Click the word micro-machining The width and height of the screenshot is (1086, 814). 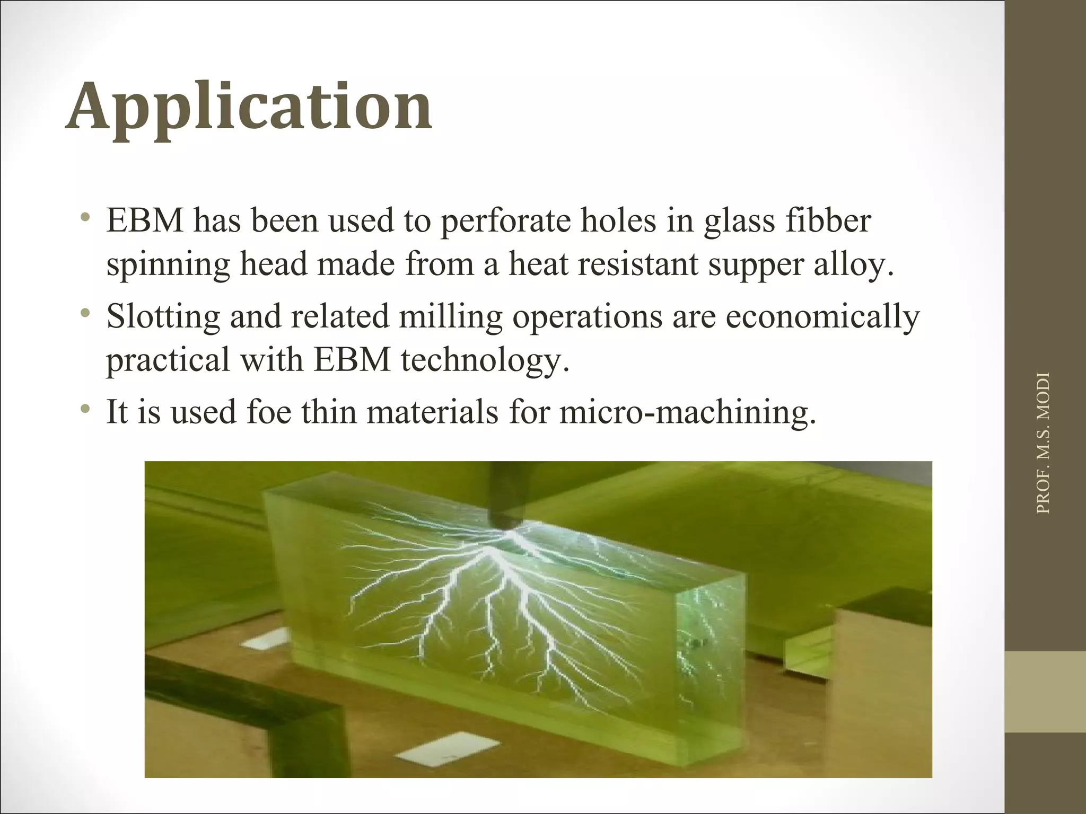(688, 413)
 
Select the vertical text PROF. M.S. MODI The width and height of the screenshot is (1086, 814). (1043, 443)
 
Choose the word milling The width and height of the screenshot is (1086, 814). (450, 318)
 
